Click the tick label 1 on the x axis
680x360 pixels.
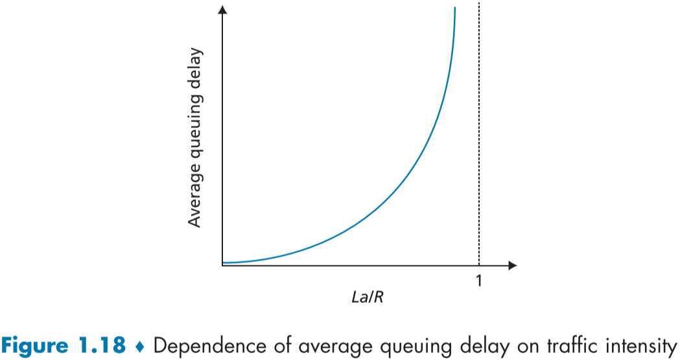click(x=479, y=281)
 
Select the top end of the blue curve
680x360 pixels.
click(x=454, y=8)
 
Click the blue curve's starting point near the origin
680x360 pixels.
click(x=224, y=263)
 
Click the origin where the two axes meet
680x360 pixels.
click(x=223, y=265)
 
